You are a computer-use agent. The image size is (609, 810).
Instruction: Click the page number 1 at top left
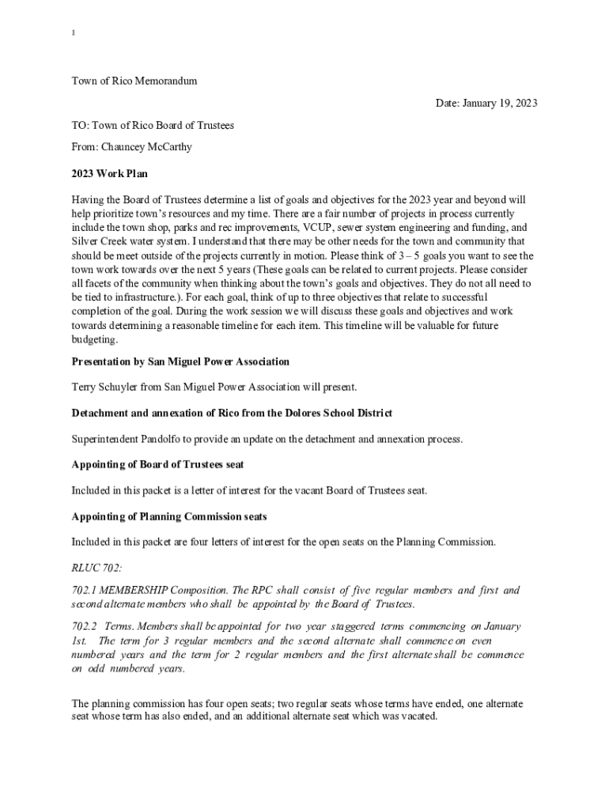[73, 33]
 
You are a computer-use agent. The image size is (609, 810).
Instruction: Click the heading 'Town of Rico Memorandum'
[134, 81]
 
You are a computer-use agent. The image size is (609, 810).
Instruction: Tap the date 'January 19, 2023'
[501, 104]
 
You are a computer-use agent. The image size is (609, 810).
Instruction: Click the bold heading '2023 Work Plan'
[109, 173]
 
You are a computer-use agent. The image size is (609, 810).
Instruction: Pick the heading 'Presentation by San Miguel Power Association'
[180, 361]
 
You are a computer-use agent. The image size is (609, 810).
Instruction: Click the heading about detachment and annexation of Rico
[232, 413]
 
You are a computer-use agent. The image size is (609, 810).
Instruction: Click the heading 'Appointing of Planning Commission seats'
[168, 517]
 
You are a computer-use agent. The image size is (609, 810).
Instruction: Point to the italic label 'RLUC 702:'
[97, 568]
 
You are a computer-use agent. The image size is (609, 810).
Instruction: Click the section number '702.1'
[84, 591]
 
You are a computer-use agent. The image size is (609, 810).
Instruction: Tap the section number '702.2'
[84, 626]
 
